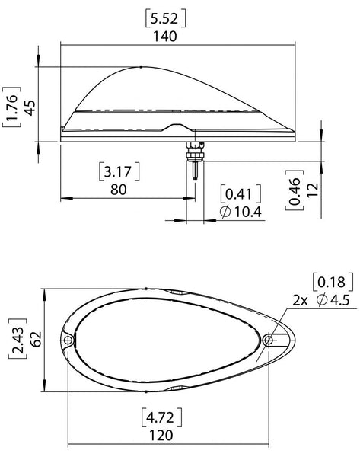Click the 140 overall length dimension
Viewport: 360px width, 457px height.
click(165, 37)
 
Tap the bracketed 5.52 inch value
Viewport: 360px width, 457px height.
click(165, 19)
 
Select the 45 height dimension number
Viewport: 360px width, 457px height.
click(30, 107)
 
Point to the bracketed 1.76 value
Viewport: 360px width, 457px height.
click(11, 107)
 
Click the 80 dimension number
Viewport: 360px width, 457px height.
click(119, 190)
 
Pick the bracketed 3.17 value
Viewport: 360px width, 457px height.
click(119, 171)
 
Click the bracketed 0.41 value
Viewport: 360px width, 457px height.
click(241, 193)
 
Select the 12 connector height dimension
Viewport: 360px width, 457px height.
click(313, 190)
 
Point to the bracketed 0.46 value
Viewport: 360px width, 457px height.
click(295, 190)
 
